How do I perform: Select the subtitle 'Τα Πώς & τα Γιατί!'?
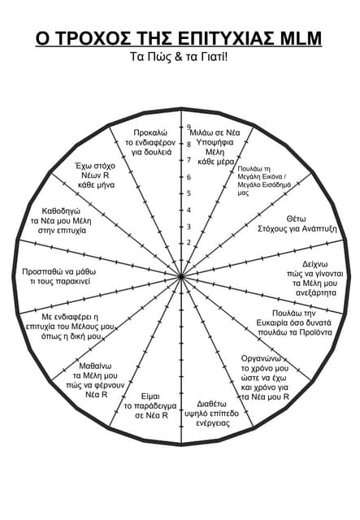(x=179, y=57)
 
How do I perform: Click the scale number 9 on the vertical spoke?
(x=189, y=127)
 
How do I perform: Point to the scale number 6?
(x=189, y=177)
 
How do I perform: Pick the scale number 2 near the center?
(x=189, y=242)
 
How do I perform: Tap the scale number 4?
(x=189, y=210)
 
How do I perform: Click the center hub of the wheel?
(x=181, y=276)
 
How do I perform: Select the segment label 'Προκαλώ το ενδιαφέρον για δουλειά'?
(x=150, y=142)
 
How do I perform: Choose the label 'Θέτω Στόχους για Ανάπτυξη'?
(x=297, y=224)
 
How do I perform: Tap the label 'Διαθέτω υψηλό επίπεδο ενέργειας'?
(x=212, y=414)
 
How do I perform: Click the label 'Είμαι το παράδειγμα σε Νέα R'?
(x=150, y=406)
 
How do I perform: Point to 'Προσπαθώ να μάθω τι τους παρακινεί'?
(x=59, y=276)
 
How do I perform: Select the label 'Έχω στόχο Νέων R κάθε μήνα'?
(x=96, y=175)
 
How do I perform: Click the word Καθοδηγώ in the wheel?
(x=61, y=211)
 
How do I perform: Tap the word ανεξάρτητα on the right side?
(x=316, y=293)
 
